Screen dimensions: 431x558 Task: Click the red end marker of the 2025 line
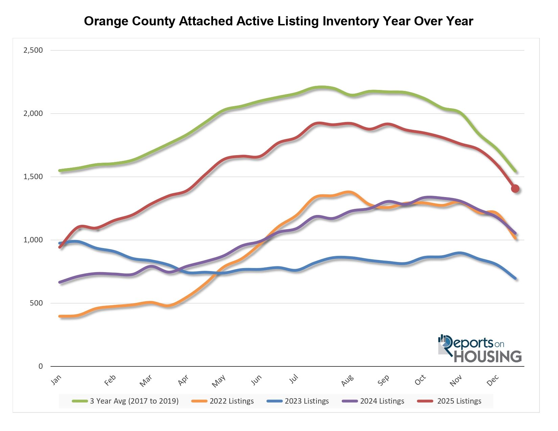(515, 189)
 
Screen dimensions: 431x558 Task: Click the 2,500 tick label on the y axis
(33, 50)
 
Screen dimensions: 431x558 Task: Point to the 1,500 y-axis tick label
(33, 177)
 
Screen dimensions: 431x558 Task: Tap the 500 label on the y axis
(37, 303)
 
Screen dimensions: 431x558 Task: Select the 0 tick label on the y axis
(41, 366)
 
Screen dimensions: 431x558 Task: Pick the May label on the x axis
(218, 381)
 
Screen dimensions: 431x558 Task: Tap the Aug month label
(347, 381)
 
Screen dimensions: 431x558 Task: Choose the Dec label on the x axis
(493, 381)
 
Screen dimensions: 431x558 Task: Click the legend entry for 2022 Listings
(231, 401)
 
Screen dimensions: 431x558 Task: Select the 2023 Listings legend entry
(306, 401)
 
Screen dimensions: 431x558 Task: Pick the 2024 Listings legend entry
(382, 401)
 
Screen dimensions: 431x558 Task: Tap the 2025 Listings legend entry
(459, 401)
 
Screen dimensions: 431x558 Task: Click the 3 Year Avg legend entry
(134, 401)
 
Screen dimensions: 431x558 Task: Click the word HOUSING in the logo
(487, 357)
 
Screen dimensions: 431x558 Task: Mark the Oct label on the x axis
(420, 380)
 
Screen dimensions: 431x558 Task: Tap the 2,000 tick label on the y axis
(33, 114)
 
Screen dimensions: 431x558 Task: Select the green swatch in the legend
(80, 401)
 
